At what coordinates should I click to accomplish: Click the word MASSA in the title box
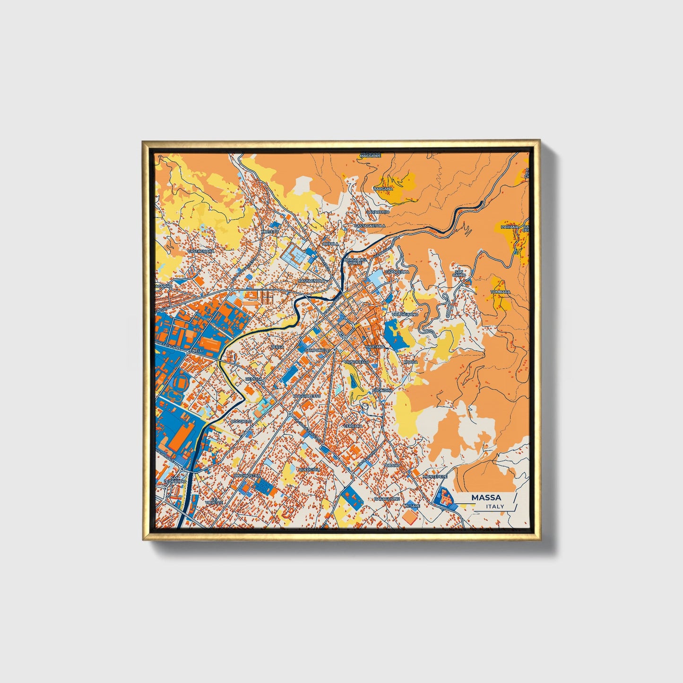(486, 498)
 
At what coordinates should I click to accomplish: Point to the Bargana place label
(383, 189)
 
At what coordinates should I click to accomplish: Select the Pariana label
(510, 227)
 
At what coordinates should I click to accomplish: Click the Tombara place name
(500, 292)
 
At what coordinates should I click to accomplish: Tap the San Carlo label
(459, 273)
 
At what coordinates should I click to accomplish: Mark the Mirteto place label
(271, 232)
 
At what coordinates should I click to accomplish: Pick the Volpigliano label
(405, 314)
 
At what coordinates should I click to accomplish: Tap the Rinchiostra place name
(247, 475)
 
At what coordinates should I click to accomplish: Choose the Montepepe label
(435, 476)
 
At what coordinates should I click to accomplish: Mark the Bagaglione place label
(387, 499)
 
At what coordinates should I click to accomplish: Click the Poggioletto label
(307, 395)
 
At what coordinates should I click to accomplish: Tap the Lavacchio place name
(378, 212)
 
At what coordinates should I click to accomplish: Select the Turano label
(392, 465)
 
